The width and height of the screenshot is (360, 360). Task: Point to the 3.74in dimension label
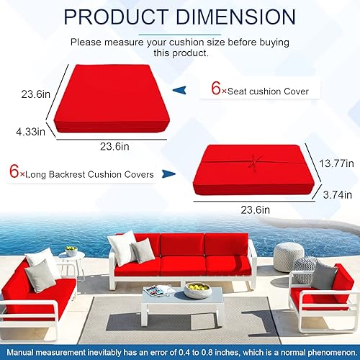click(x=336, y=194)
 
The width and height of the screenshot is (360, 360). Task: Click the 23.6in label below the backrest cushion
click(x=256, y=210)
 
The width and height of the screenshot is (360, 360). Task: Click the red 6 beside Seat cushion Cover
click(x=215, y=91)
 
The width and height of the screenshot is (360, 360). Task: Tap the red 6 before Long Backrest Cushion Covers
click(x=14, y=174)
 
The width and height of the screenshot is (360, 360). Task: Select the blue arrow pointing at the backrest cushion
click(x=168, y=174)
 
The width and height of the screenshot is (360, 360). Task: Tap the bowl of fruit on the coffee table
click(x=197, y=289)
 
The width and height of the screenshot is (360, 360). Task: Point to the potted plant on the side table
click(x=71, y=251)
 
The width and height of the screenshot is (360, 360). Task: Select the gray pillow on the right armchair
click(x=323, y=274)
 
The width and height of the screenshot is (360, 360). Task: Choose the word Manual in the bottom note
click(x=22, y=351)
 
